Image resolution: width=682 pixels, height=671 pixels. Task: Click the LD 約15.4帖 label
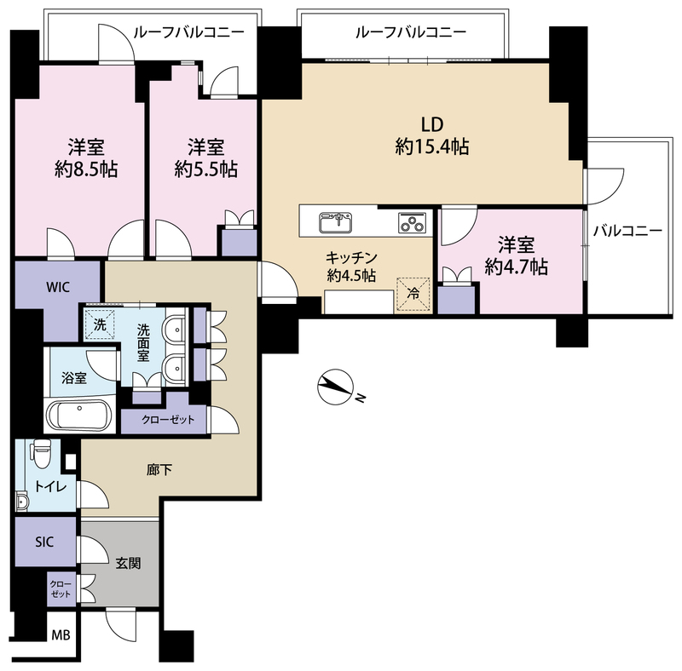432,136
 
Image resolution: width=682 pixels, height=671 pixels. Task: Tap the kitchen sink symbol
335,222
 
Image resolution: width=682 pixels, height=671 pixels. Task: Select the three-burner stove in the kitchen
413,222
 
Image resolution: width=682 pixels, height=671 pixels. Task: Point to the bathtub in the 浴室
79,415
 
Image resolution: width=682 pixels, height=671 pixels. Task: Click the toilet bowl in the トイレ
42,453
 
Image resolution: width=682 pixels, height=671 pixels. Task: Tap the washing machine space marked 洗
100,324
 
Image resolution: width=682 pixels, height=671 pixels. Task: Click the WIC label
58,287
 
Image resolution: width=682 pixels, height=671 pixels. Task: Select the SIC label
44,542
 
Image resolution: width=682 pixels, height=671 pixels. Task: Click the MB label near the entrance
61,635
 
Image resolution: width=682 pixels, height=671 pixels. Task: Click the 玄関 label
128,564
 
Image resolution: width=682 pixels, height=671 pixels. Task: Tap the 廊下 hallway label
159,470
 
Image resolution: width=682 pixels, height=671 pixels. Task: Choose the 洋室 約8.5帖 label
86,158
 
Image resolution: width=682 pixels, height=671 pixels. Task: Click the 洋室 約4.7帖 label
517,255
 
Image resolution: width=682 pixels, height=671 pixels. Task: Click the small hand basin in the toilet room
21,502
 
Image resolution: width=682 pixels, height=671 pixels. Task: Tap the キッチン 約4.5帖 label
351,267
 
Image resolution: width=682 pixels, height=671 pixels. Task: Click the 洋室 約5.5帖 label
205,158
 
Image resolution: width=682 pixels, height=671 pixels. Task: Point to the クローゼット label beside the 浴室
168,420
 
